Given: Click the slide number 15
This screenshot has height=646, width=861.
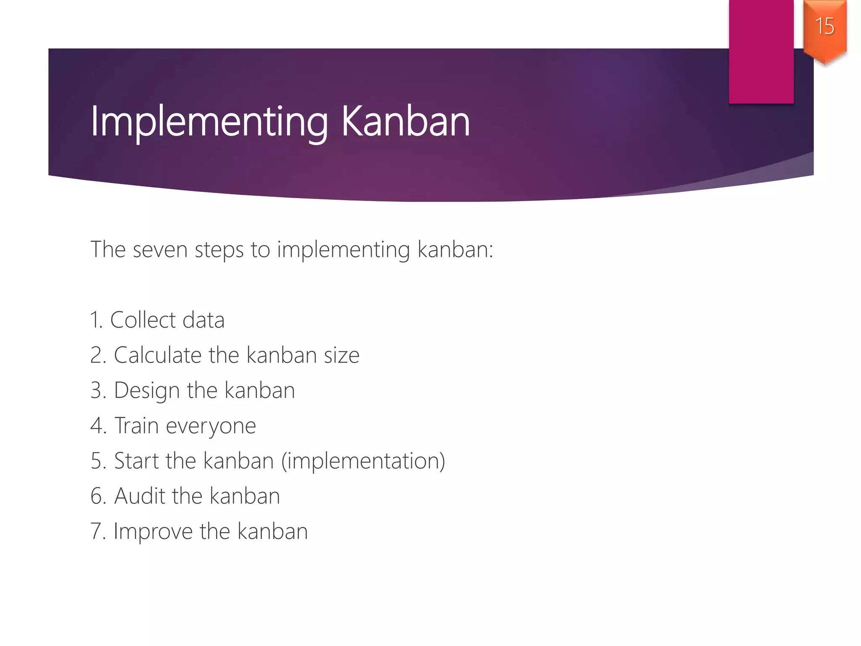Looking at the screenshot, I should [824, 26].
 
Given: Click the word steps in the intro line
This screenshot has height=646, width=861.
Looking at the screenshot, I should [219, 250].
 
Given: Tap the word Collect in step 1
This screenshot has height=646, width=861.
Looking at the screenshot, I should [143, 320].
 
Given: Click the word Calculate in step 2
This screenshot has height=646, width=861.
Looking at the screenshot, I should [158, 355].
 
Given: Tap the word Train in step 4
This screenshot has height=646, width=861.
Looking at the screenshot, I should [136, 426].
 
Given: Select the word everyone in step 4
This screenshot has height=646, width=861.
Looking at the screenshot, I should [211, 426].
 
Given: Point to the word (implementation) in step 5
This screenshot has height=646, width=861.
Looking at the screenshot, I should [363, 461].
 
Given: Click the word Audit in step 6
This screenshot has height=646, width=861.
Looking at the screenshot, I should [140, 496].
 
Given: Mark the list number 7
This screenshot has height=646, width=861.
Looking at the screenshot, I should [97, 531].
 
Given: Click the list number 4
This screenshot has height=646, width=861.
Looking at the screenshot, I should [98, 426].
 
